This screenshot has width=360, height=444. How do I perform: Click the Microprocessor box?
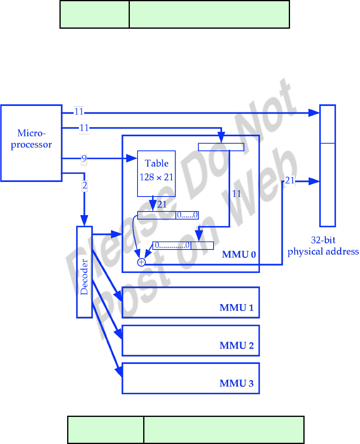tap(31, 142)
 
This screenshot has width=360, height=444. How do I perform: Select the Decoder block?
tap(85, 272)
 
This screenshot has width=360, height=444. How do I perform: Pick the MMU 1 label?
tap(237, 308)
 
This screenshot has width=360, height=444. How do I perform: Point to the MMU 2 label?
tap(237, 346)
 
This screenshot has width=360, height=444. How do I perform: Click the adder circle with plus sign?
tap(141, 262)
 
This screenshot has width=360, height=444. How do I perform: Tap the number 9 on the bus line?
tap(84, 159)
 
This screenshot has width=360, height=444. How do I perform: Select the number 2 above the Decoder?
tap(85, 186)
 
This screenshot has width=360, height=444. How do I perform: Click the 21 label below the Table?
tap(162, 205)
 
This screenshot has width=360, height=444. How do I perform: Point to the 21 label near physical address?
tap(290, 181)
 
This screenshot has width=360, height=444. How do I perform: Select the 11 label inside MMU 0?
tap(237, 194)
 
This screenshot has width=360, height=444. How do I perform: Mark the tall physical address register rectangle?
tap(327, 165)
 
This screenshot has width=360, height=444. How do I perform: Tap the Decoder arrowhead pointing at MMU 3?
tap(119, 372)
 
